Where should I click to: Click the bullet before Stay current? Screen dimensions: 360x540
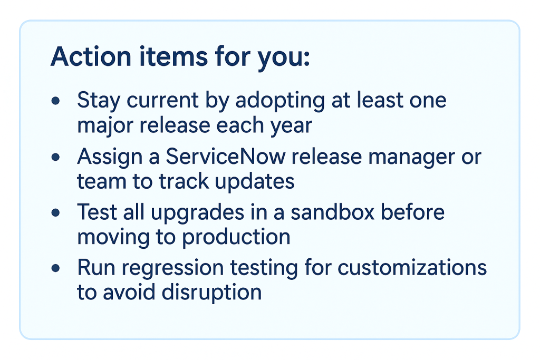pyautogui.click(x=55, y=101)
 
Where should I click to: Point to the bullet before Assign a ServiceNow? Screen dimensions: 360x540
pyautogui.click(x=55, y=157)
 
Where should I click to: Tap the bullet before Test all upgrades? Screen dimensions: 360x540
pyautogui.click(x=55, y=213)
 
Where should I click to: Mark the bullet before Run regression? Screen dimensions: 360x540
pyautogui.click(x=55, y=269)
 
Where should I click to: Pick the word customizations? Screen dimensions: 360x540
pyautogui.click(x=412, y=269)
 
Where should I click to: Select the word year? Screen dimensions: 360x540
pyautogui.click(x=292, y=125)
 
